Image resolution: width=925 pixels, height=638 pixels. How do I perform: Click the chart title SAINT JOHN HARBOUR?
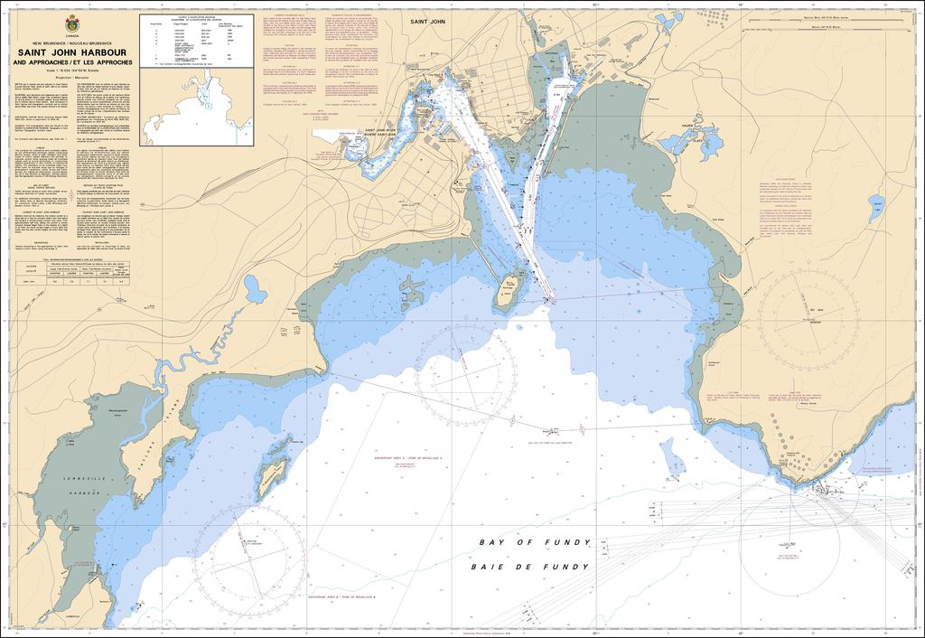click(x=72, y=52)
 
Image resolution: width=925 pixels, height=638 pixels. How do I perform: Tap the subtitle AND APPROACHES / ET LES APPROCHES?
click(x=72, y=62)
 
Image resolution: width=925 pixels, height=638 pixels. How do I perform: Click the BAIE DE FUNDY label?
click(x=530, y=567)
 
